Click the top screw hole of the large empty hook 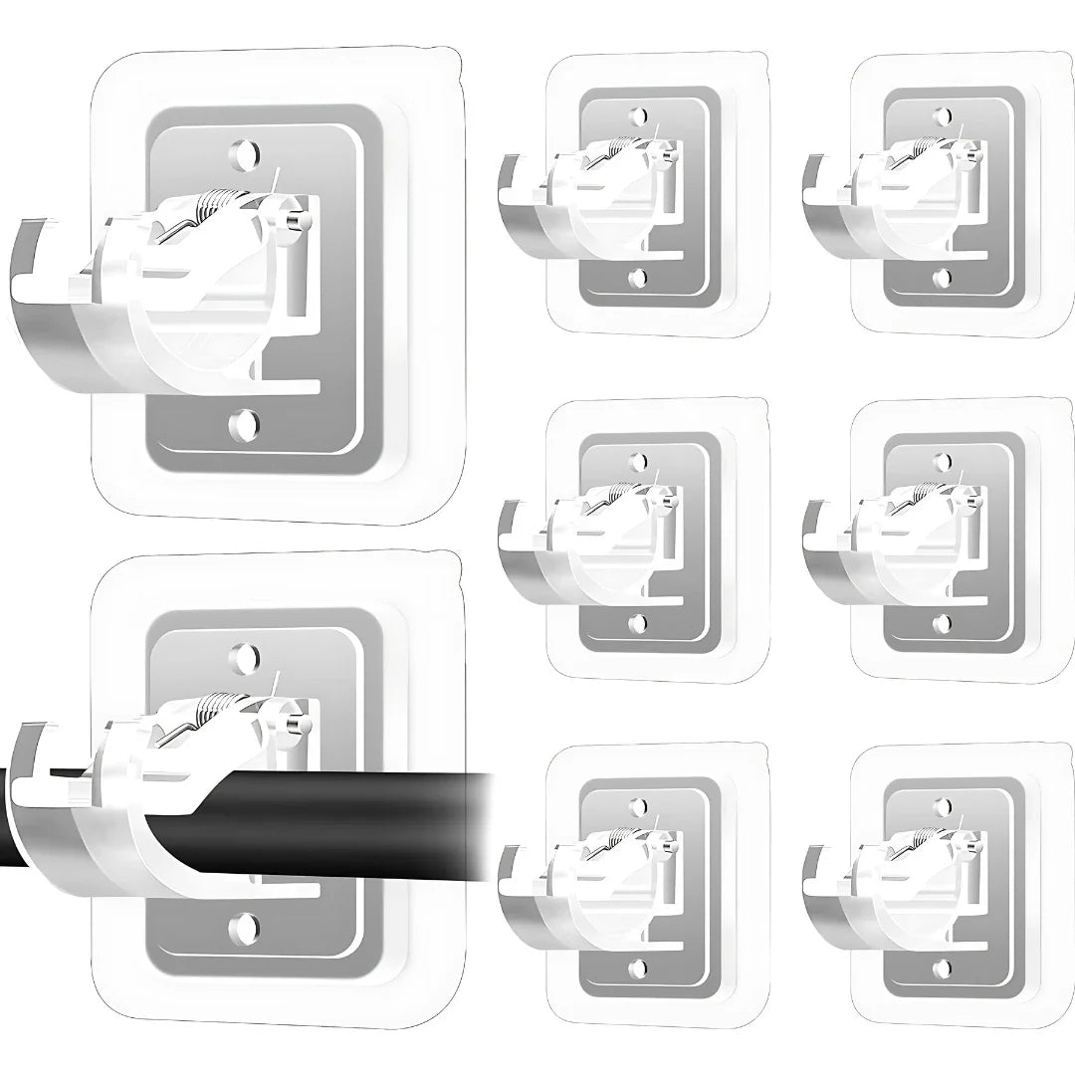(242, 154)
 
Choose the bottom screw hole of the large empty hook (241, 425)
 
